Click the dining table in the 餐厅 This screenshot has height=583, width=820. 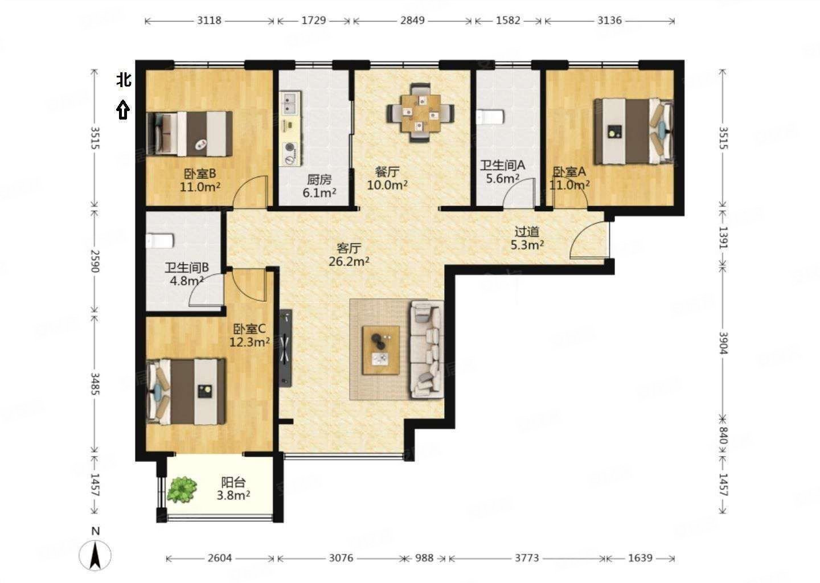pyautogui.click(x=421, y=113)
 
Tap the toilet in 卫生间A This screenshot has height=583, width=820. pyautogui.click(x=490, y=117)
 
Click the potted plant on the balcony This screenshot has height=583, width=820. pyautogui.click(x=182, y=489)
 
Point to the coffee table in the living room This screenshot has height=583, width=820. pyautogui.click(x=381, y=350)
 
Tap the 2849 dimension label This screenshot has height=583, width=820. pyautogui.click(x=412, y=20)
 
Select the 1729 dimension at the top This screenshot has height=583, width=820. pyautogui.click(x=313, y=20)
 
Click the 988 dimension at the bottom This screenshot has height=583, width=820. pyautogui.click(x=424, y=558)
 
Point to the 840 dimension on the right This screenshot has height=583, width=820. pyautogui.click(x=723, y=435)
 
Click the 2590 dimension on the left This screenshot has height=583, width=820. pyautogui.click(x=95, y=261)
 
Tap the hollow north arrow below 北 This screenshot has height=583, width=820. pyautogui.click(x=123, y=109)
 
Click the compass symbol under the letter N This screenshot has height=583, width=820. pyautogui.click(x=95, y=556)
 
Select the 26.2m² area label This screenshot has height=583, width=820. pyautogui.click(x=349, y=262)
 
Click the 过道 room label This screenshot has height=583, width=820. pyautogui.click(x=527, y=232)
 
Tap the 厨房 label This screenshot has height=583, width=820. pyautogui.click(x=319, y=180)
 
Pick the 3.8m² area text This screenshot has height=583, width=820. pyautogui.click(x=233, y=495)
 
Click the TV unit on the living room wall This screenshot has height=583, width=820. pyautogui.click(x=285, y=348)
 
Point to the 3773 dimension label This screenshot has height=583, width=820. pyautogui.click(x=527, y=558)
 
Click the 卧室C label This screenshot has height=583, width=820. pyautogui.click(x=249, y=330)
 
